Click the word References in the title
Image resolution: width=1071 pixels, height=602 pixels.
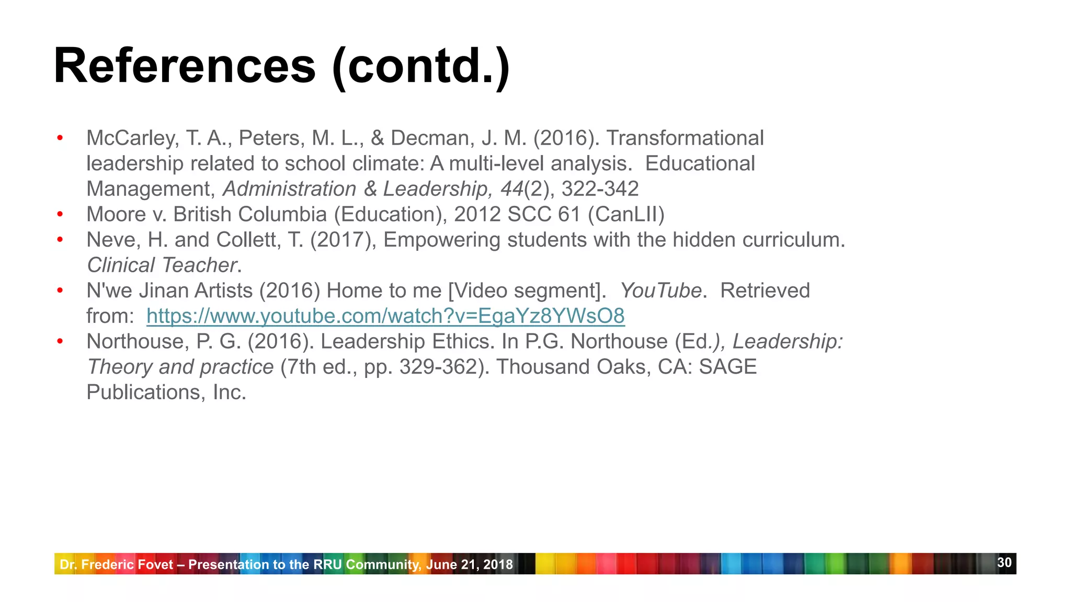click(185, 66)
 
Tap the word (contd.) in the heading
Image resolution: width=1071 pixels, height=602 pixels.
click(420, 66)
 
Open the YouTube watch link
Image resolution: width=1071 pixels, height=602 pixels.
click(385, 316)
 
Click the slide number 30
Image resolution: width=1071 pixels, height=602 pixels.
click(1004, 562)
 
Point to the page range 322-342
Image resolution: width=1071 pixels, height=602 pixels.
click(600, 189)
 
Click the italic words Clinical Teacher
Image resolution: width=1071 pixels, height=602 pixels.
click(162, 265)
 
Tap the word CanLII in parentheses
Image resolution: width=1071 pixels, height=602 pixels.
click(626, 214)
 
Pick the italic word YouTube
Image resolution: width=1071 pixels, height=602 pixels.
click(660, 291)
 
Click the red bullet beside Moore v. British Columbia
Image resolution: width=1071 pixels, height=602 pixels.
click(60, 214)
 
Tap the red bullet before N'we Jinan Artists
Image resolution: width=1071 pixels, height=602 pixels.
click(60, 291)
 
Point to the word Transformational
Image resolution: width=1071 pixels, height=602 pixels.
click(685, 138)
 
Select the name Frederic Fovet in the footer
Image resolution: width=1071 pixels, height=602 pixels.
click(127, 564)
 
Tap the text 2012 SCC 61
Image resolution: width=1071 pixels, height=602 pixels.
click(517, 214)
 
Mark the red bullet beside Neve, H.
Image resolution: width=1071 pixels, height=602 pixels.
click(60, 240)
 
